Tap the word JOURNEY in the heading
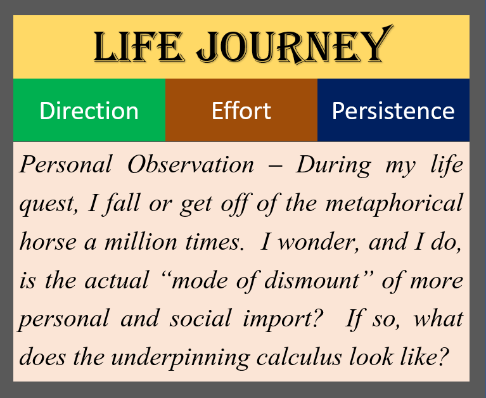coord(295,45)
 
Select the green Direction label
coord(89,111)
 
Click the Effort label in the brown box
coord(241,111)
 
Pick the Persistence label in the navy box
coord(393,111)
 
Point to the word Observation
coord(191,164)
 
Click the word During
coord(333,165)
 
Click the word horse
coord(48,241)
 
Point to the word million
coord(141,241)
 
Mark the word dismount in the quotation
coord(312,280)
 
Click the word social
coord(200,318)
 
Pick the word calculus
coord(299,357)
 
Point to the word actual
coord(117,280)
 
